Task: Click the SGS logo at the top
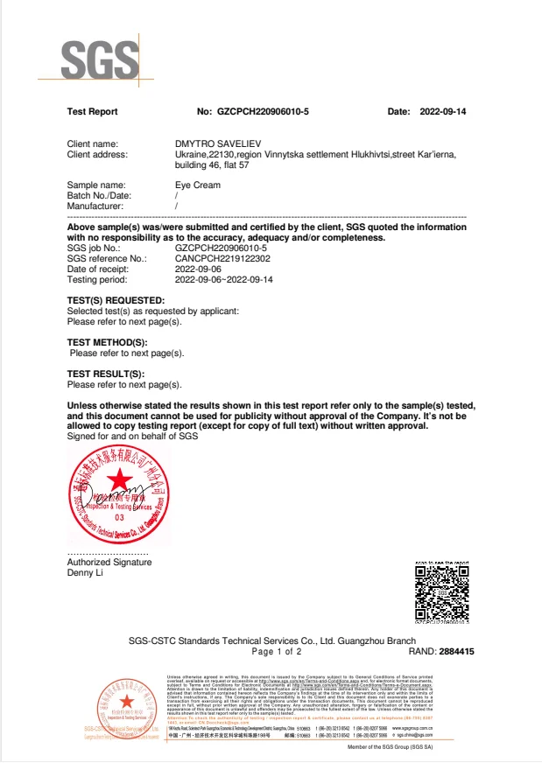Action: pos(99,59)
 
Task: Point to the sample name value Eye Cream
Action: pos(197,185)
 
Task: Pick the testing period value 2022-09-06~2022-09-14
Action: pos(224,280)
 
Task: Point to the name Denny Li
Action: pos(87,573)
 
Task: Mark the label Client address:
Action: pos(97,154)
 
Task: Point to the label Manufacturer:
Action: pos(95,206)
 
